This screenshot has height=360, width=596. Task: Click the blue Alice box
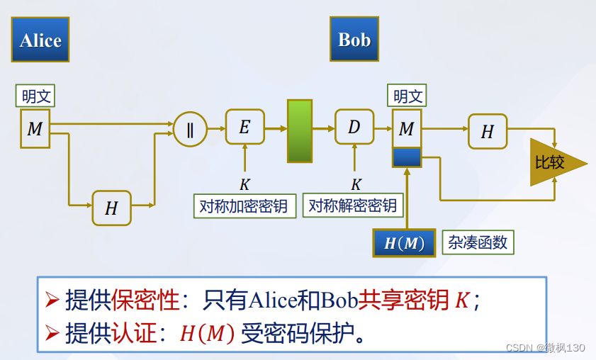tap(40, 40)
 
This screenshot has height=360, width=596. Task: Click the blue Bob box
tap(354, 40)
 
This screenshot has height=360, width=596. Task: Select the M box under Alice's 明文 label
tap(35, 128)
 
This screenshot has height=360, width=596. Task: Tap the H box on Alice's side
tap(111, 208)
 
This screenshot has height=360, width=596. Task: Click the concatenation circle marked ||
tap(190, 129)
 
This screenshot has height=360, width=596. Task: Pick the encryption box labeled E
tap(244, 127)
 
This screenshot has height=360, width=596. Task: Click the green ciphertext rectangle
tap(300, 131)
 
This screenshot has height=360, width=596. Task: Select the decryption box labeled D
tap(354, 127)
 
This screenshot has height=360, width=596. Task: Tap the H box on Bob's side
tap(488, 131)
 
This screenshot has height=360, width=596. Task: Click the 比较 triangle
tap(553, 162)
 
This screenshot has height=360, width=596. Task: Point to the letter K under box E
tap(244, 185)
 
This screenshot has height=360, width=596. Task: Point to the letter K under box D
tap(356, 185)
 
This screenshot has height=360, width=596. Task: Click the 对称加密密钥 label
tap(244, 206)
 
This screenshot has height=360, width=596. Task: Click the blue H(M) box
tap(404, 243)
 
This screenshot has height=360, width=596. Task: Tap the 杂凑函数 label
tap(478, 242)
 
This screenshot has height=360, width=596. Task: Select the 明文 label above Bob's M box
tap(407, 96)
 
